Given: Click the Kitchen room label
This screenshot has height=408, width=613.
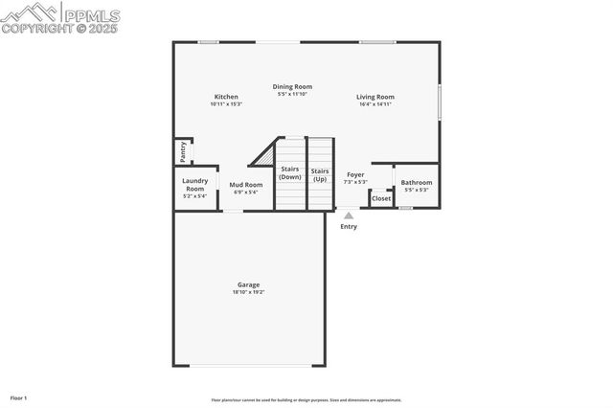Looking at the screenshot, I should click(226, 97).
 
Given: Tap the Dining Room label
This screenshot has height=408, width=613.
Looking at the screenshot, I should click(292, 86).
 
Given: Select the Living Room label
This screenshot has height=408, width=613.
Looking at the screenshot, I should click(375, 97).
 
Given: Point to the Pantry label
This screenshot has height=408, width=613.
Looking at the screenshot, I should click(183, 150).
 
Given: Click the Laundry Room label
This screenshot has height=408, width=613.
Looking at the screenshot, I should click(195, 185).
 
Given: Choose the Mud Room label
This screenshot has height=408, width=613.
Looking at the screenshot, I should click(246, 185).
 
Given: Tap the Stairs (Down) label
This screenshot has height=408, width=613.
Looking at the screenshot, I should click(289, 173).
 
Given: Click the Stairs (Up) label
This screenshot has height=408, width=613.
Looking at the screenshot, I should click(320, 173).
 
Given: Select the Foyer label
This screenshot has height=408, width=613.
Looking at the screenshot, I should click(355, 175).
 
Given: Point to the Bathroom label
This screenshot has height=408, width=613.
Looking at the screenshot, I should click(417, 182).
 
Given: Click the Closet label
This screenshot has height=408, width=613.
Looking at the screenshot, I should click(381, 198).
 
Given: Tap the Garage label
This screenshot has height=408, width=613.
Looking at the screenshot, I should click(249, 284).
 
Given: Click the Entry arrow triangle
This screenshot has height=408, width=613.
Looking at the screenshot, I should click(349, 216).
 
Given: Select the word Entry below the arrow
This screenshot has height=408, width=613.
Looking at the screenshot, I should click(349, 226).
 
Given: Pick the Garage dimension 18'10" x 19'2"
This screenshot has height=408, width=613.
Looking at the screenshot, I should click(249, 291).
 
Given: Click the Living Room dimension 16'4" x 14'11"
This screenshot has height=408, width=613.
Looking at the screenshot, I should click(375, 103).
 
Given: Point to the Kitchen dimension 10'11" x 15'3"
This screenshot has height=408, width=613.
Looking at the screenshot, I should click(226, 103).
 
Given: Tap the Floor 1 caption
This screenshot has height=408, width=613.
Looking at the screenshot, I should click(18, 397).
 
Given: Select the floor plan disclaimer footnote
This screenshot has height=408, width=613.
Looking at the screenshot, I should click(306, 400).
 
